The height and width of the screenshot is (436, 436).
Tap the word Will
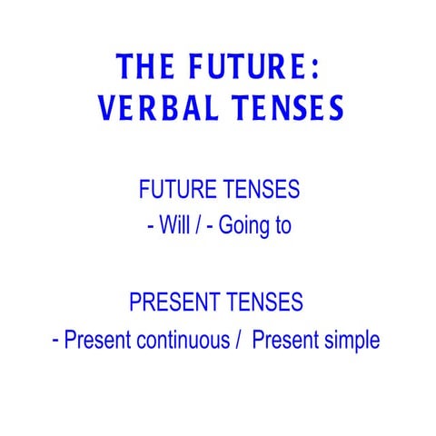pyautogui.click(x=174, y=226)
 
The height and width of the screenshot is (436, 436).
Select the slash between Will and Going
pyautogui.click(x=201, y=226)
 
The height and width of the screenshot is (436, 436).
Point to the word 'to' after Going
pyautogui.click(x=282, y=226)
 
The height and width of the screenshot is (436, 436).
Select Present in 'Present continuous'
pyautogui.click(x=96, y=341)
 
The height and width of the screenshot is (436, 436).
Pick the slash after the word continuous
pyautogui.click(x=239, y=341)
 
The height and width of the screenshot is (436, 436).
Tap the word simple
pyautogui.click(x=352, y=342)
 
